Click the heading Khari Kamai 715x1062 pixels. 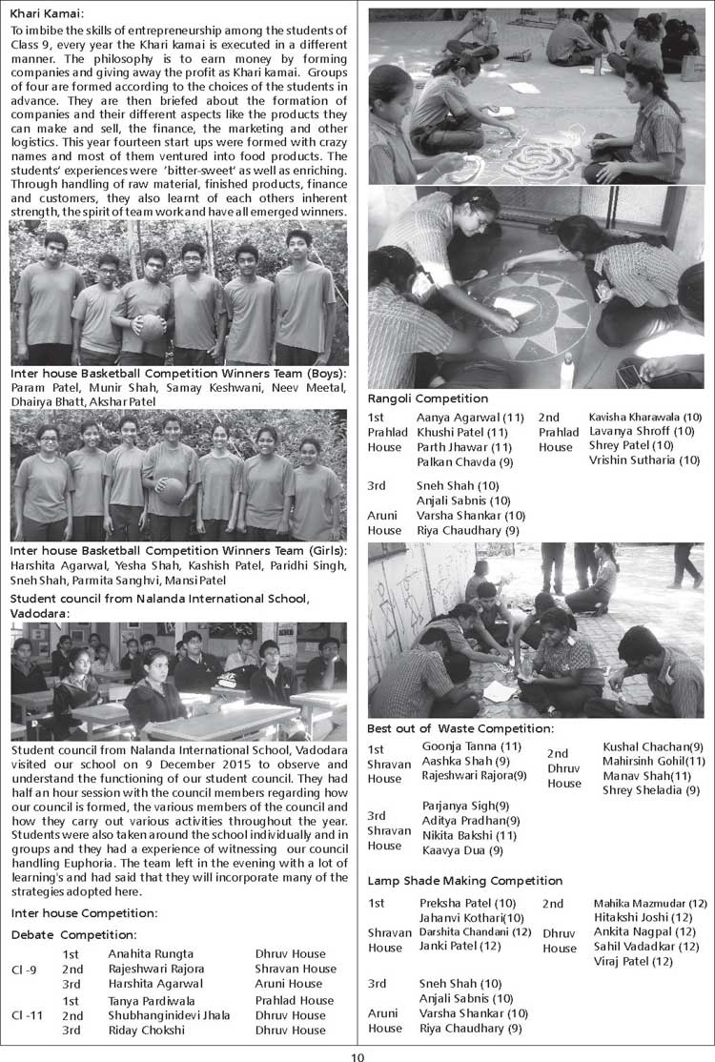tap(47, 13)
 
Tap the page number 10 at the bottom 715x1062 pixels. tap(357, 1054)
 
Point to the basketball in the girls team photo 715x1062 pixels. tap(171, 490)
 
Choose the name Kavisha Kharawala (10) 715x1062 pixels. tap(644, 418)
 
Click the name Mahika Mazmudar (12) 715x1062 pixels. tap(650, 903)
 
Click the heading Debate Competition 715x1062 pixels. tap(73, 934)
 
